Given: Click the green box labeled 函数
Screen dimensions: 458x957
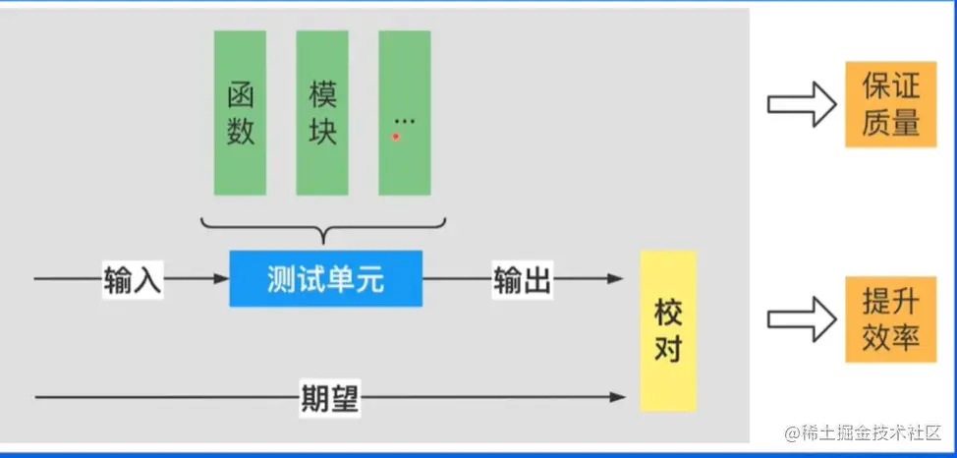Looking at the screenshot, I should click(240, 112).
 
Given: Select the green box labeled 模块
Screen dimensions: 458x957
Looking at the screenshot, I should click(322, 112).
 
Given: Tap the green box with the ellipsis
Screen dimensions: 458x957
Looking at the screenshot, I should click(404, 112).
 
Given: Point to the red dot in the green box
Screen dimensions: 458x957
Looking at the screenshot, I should click(396, 137).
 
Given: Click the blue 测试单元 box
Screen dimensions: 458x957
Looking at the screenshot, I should click(325, 279).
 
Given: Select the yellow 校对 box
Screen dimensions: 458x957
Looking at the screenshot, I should click(667, 330).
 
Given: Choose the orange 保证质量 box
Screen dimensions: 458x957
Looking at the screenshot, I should click(890, 104).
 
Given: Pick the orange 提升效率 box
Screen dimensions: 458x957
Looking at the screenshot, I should click(890, 319).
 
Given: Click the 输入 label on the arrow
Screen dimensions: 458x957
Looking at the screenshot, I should click(132, 280).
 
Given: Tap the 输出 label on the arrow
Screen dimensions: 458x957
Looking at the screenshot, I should click(522, 280).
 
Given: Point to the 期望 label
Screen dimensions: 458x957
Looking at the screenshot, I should click(329, 397).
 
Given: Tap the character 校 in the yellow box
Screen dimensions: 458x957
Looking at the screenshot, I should click(668, 314).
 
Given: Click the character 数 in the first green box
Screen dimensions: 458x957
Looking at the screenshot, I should click(241, 131).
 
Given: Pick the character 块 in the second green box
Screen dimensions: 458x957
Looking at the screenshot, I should click(323, 131).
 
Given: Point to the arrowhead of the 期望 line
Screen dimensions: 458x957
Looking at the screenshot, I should click(617, 397).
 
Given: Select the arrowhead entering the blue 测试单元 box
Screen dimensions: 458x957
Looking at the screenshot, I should click(221, 279).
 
